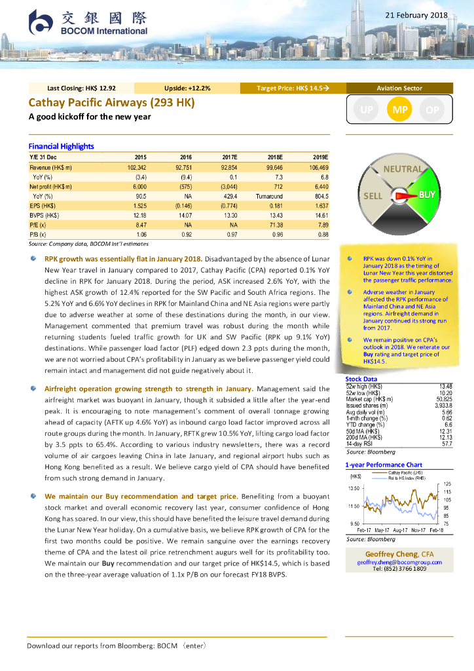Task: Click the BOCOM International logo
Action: pos(88,23)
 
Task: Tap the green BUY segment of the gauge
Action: pos(427,195)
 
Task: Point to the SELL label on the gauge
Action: pos(373,196)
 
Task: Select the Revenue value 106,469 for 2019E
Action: pos(316,168)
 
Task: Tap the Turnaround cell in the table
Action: pos(269,196)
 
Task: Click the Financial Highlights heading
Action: pos(61,146)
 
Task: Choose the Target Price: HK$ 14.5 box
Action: pos(292,88)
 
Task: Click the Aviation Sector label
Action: pos(399,88)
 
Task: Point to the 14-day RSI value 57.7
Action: pos(446,427)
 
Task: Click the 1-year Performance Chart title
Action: pos(383,465)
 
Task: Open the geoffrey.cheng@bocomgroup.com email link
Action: pos(399,562)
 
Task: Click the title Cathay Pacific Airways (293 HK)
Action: pos(111,102)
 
